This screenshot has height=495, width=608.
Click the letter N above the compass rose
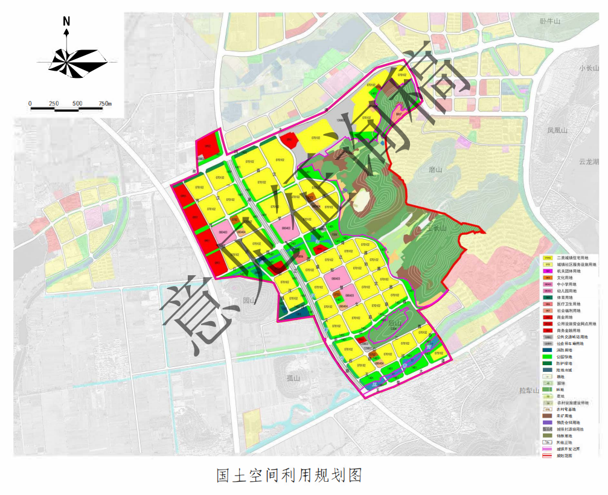66,22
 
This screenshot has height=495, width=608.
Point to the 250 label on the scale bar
54,103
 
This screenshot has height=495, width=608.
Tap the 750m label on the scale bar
104,103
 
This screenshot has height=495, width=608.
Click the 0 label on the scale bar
30,103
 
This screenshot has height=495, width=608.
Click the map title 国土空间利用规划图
289,476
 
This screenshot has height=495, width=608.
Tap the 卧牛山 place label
550,22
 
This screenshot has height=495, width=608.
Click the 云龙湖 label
588,162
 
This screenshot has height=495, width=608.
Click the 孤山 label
294,378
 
